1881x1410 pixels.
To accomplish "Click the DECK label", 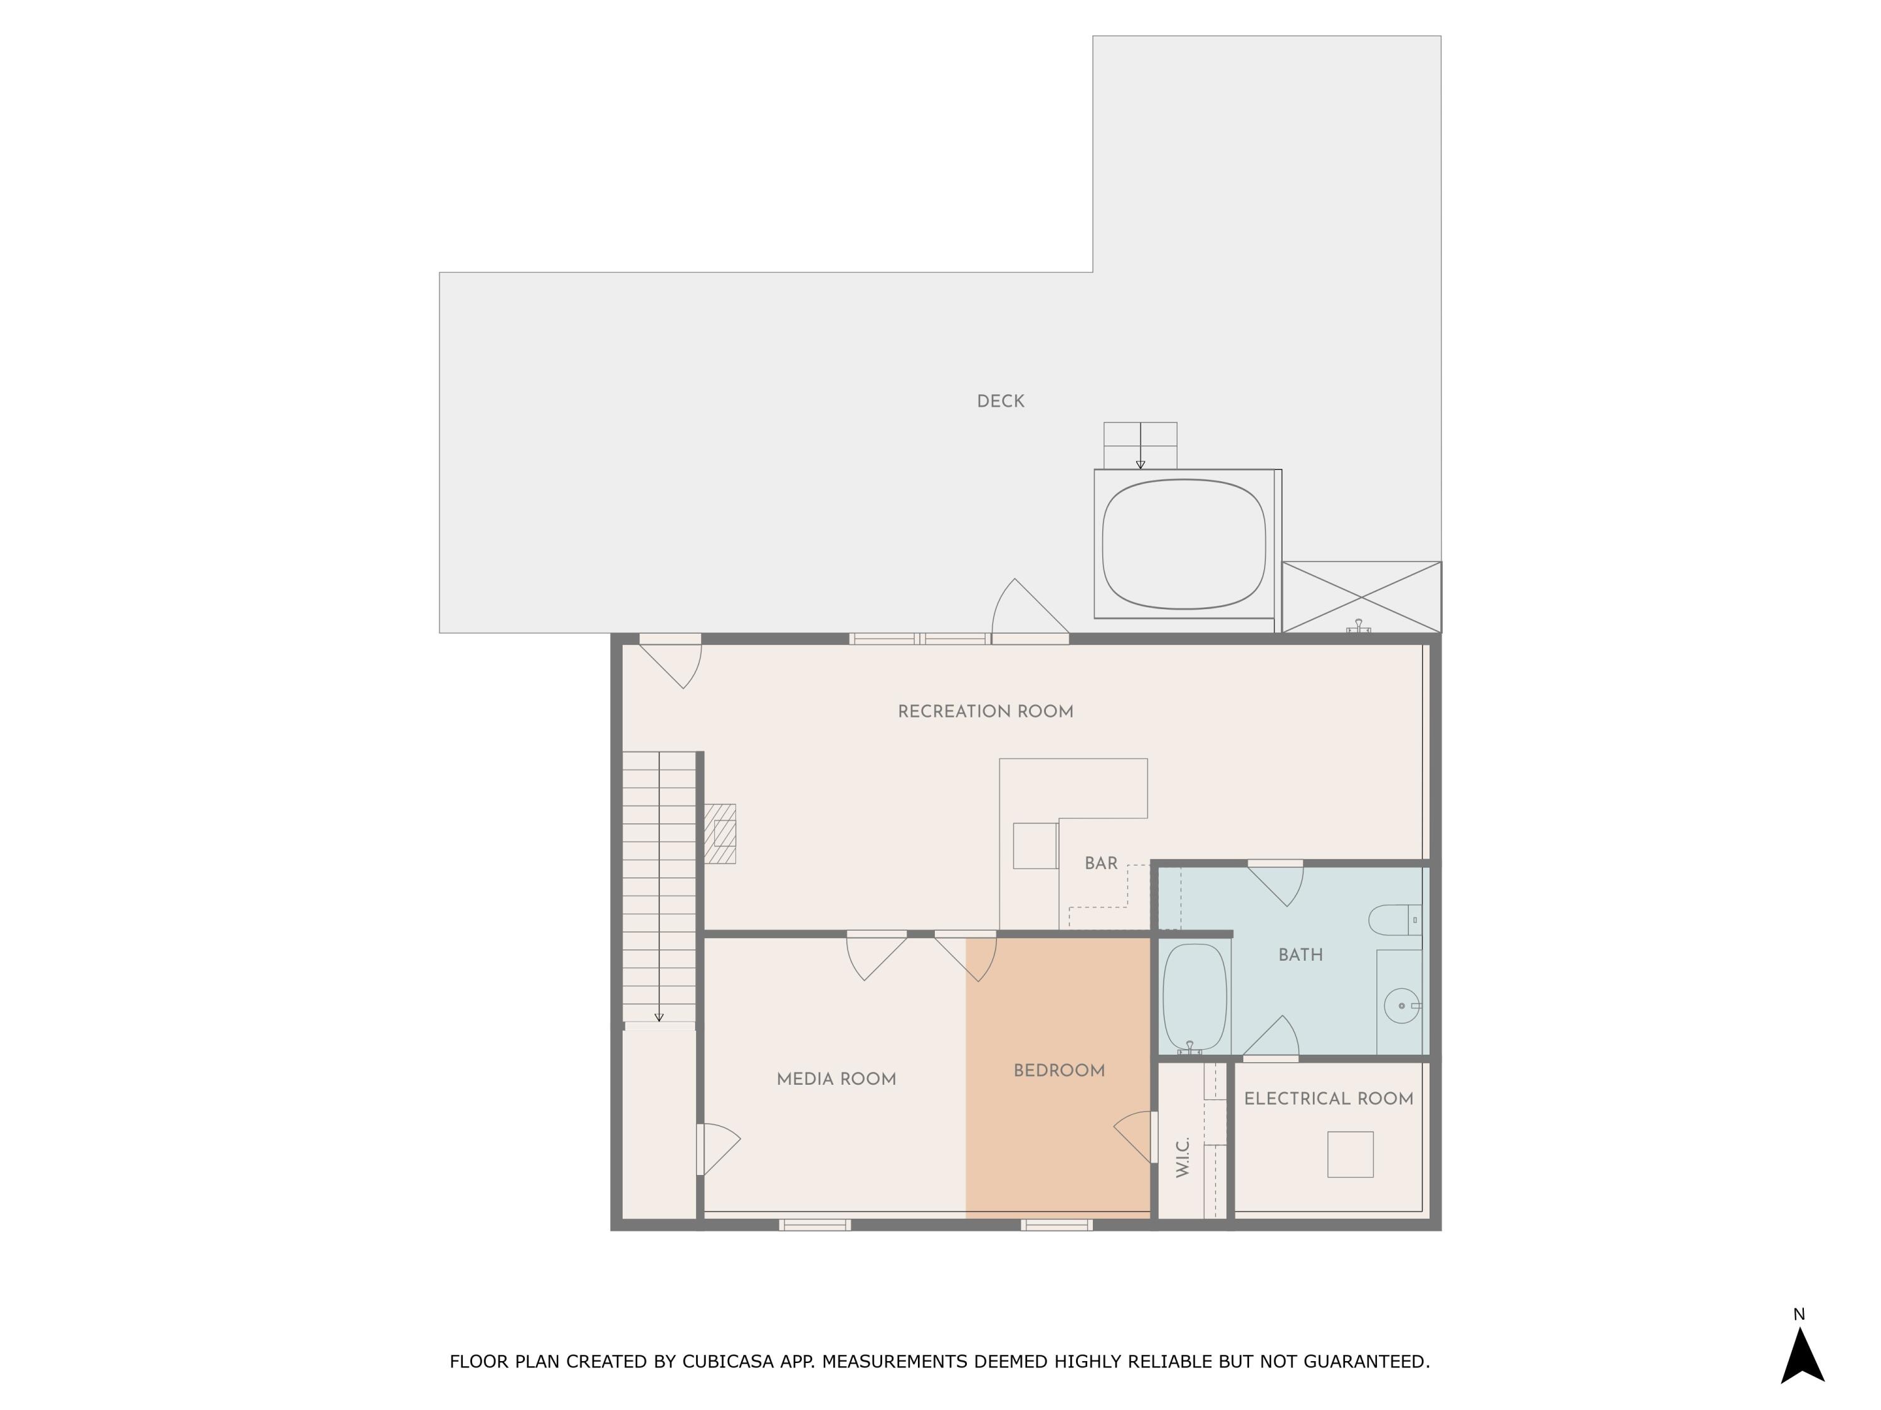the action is point(1000,401).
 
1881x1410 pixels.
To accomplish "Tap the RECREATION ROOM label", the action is point(986,711).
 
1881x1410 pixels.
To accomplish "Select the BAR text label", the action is point(1100,864).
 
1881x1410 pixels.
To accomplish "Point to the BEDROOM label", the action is point(1059,1071).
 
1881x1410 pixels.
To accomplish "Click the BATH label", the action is point(1300,955).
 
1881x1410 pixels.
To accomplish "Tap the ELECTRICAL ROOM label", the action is point(1328,1099).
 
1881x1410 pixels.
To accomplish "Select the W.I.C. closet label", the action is point(1182,1157).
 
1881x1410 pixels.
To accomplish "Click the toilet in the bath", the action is point(1394,919).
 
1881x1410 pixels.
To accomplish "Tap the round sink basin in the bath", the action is point(1401,1005).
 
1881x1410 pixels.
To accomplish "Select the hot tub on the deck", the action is point(1184,544).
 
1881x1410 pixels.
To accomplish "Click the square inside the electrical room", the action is point(1351,1154).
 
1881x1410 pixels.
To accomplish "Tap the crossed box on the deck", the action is point(1361,597).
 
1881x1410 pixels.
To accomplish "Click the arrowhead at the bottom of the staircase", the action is point(658,1016).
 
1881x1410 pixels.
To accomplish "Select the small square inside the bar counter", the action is point(1035,845).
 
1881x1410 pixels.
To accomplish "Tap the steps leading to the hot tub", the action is point(1141,446).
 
